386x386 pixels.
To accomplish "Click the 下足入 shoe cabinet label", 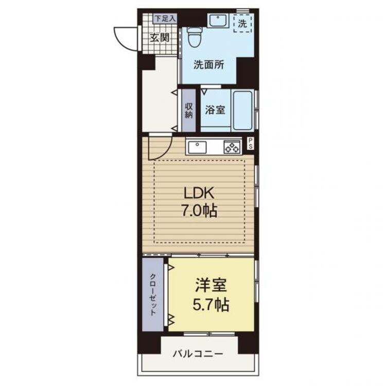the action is click(165, 18).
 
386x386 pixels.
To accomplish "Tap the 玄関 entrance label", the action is click(160, 38).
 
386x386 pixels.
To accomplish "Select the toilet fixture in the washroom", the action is click(195, 37).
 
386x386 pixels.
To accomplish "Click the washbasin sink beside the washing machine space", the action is click(218, 21).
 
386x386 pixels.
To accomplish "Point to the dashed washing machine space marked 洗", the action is click(243, 23).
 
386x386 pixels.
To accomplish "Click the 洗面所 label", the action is click(209, 65).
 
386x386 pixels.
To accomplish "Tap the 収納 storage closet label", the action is click(189, 111).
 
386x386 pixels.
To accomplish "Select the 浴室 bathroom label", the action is click(215, 110).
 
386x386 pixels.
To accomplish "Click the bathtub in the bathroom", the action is click(243, 110).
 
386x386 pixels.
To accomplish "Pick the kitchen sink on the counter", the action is click(198, 147).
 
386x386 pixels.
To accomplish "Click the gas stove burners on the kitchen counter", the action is click(232, 147).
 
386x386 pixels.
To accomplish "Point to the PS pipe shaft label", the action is click(251, 143).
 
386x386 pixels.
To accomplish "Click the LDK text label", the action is click(199, 193).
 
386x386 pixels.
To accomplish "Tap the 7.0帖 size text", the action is click(199, 210).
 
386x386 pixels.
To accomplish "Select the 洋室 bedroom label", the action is click(211, 286).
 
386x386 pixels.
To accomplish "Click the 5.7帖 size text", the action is click(211, 305).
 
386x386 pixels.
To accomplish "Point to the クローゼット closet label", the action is click(153, 294).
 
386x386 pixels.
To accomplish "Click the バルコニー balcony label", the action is click(198, 354).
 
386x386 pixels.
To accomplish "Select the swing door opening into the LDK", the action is click(161, 148).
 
